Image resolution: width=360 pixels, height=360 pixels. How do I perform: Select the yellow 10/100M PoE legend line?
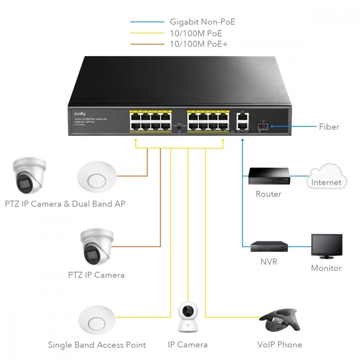(x=147, y=33)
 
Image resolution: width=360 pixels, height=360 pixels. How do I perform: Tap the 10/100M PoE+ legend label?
(x=199, y=44)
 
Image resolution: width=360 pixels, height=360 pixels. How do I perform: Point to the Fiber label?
(x=329, y=127)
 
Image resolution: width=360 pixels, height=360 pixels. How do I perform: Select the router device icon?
(x=268, y=176)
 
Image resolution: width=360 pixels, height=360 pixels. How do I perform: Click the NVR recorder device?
(x=268, y=246)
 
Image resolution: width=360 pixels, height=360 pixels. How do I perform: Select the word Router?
(x=268, y=194)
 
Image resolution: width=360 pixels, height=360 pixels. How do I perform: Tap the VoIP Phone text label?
(x=280, y=345)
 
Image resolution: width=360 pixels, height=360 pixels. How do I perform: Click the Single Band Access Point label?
(x=97, y=345)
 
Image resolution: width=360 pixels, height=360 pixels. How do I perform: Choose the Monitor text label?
(x=326, y=268)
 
